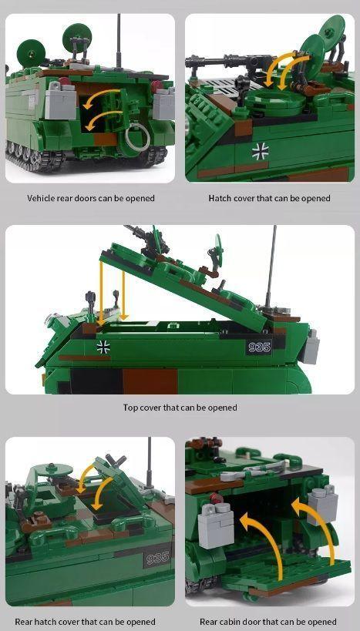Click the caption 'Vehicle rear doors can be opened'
click(x=91, y=198)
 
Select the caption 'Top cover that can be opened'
click(x=180, y=408)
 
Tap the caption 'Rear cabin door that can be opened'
click(x=268, y=621)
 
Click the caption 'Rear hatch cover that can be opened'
click(x=85, y=621)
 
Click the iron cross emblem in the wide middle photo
click(x=103, y=346)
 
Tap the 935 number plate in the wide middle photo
click(x=259, y=347)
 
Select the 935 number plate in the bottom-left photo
click(x=156, y=558)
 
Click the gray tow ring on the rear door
click(x=138, y=140)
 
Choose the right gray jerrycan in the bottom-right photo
click(x=322, y=505)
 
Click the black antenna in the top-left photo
click(x=118, y=39)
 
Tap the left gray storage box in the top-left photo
click(x=59, y=100)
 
